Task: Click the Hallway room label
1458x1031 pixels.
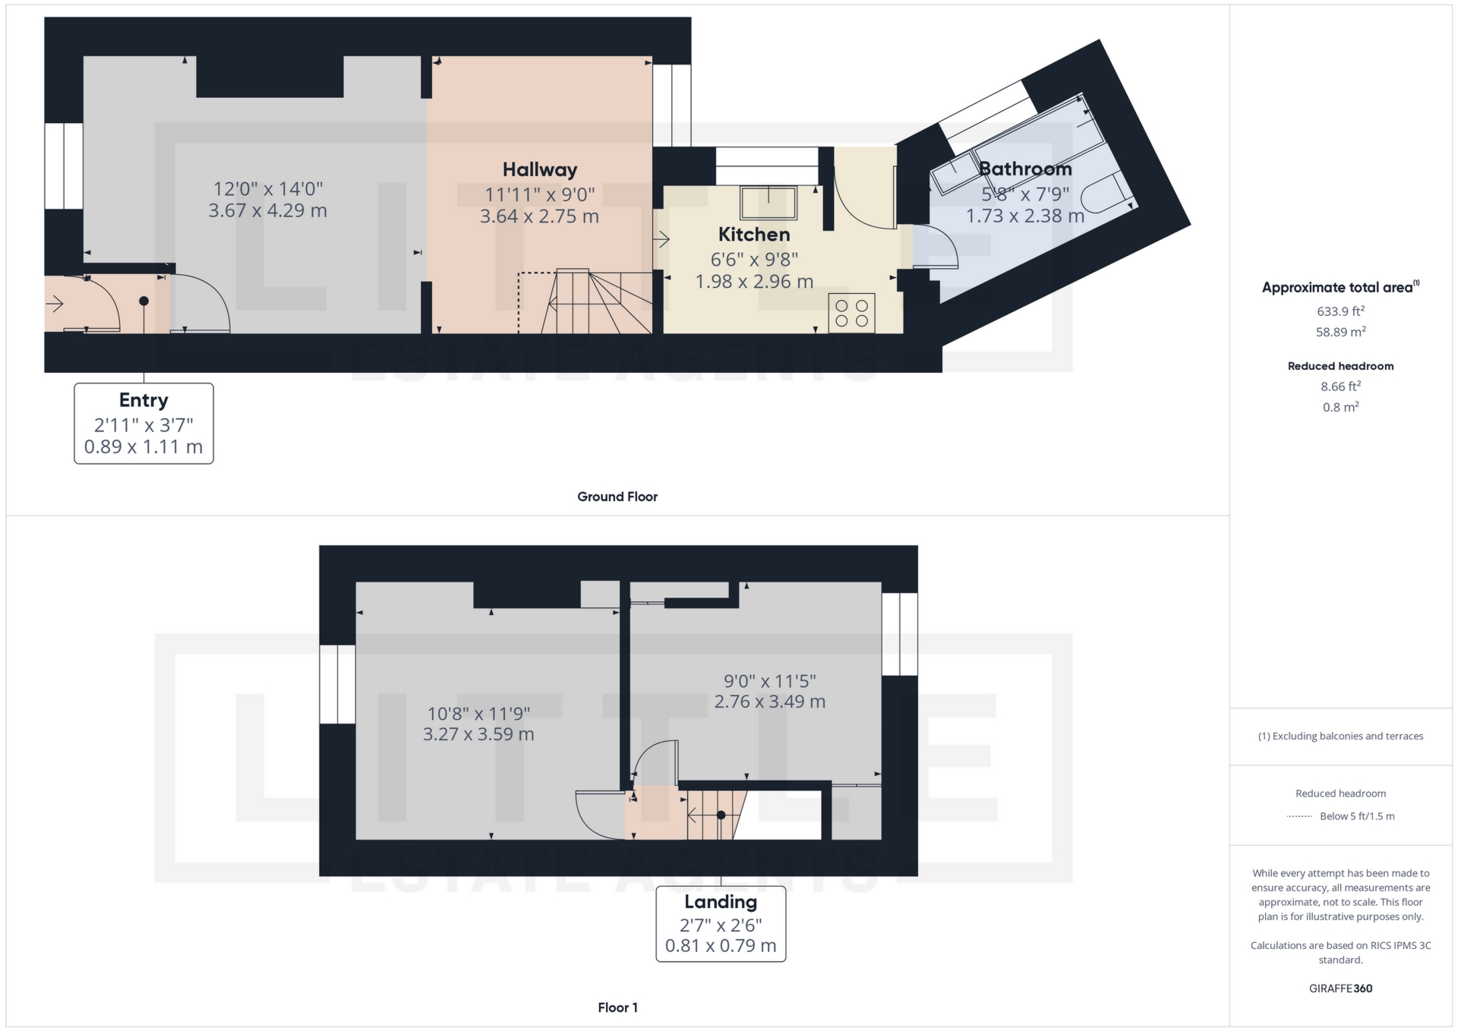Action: (x=539, y=170)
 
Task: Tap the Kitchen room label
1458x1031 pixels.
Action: (x=754, y=235)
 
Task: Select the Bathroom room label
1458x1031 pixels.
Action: (x=1025, y=169)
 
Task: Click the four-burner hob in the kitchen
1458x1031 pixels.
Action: (x=851, y=313)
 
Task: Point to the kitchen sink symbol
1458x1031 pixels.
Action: (x=768, y=203)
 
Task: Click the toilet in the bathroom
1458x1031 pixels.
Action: (x=1106, y=194)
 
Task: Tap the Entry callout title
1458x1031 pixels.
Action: (x=144, y=400)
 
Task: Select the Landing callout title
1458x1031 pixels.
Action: (x=721, y=902)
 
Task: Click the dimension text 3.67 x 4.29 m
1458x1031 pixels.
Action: (x=267, y=210)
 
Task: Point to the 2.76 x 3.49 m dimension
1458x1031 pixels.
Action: (x=769, y=702)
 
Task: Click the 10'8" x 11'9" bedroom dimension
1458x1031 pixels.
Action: (x=478, y=714)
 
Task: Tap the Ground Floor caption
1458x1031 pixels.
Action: (x=617, y=497)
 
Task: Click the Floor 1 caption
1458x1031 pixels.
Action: (x=617, y=1007)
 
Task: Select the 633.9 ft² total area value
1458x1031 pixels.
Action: (x=1340, y=311)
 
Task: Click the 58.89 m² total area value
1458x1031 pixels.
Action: (x=1340, y=332)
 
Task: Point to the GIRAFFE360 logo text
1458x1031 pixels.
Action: (x=1340, y=988)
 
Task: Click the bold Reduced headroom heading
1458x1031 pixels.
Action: (x=1340, y=366)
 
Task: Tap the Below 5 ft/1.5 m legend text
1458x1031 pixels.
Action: (x=1357, y=816)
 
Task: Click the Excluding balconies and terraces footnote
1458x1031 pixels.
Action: (x=1340, y=736)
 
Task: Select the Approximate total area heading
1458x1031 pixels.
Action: (x=1338, y=288)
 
